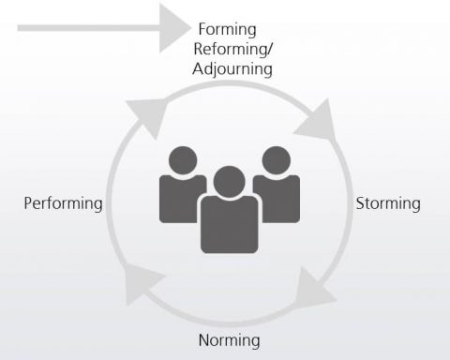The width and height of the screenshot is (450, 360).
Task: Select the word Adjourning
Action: pyautogui.click(x=232, y=68)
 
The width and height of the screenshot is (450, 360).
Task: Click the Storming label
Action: pyautogui.click(x=389, y=203)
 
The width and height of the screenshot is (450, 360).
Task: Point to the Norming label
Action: pyautogui.click(x=229, y=340)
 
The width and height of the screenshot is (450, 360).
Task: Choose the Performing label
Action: pyautogui.click(x=63, y=203)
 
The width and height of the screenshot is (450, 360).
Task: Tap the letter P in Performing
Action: pyautogui.click(x=28, y=203)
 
